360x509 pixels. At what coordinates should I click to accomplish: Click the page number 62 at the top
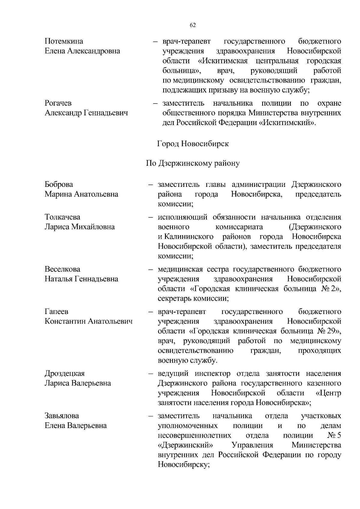(193, 25)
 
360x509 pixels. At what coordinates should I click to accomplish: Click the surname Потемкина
(64, 41)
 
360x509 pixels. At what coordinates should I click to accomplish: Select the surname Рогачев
(58, 103)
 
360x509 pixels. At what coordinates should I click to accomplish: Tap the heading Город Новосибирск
(193, 144)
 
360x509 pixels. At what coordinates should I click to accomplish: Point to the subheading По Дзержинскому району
(193, 163)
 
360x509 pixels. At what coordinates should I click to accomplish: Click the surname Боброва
(59, 184)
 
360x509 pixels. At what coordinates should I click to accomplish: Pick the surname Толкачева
(62, 217)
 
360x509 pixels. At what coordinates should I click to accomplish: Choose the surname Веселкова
(62, 269)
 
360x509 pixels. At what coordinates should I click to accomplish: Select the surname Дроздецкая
(65, 373)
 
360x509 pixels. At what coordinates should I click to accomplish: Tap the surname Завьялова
(62, 416)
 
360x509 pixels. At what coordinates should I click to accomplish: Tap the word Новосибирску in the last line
(183, 465)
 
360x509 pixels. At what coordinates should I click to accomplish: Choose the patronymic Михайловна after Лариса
(93, 227)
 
